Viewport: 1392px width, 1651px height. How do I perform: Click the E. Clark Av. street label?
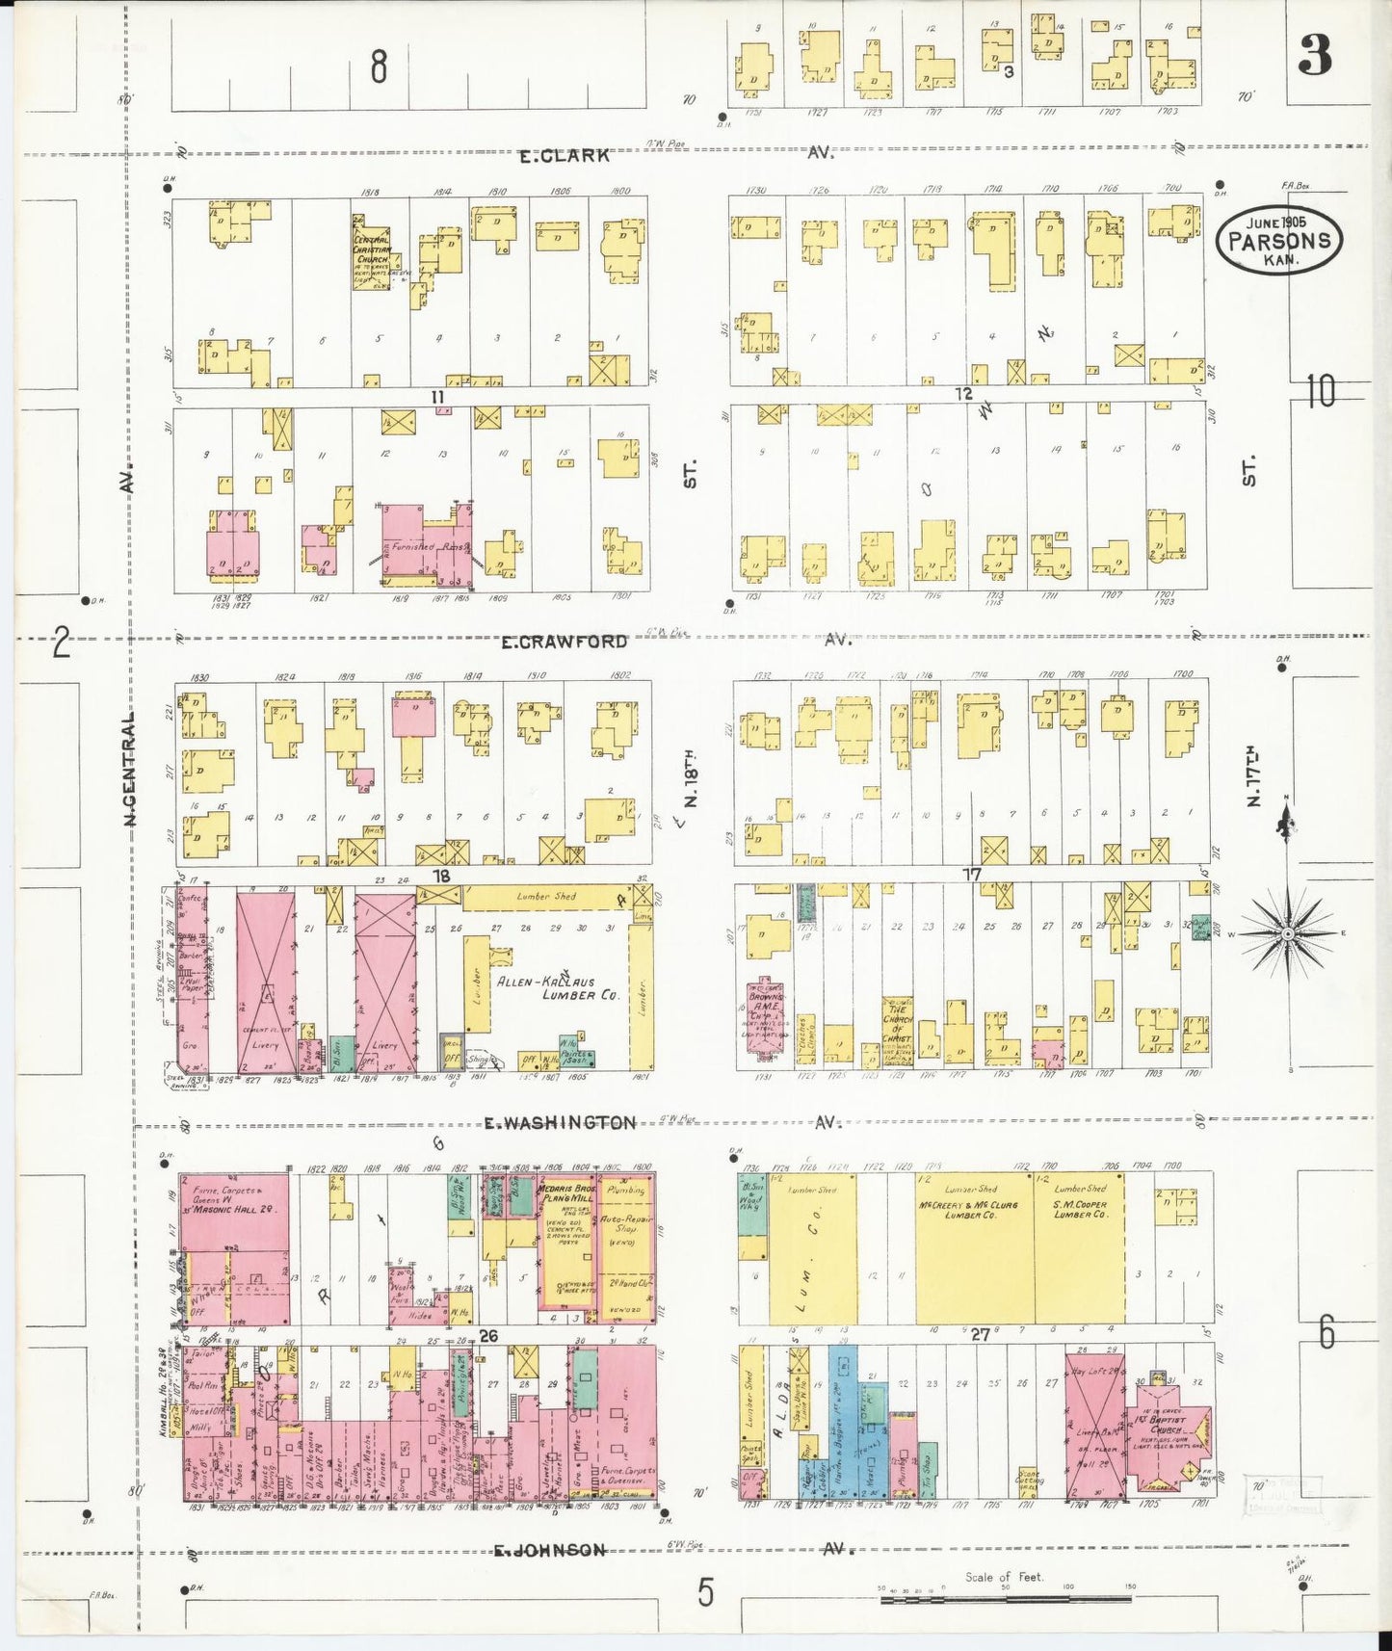point(565,155)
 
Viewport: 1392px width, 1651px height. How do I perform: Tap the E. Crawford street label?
point(564,642)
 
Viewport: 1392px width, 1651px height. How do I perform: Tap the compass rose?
point(1286,933)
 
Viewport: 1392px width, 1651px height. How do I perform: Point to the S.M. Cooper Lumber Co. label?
point(1079,1210)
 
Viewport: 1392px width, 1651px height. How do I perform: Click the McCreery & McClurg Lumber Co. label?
point(972,1210)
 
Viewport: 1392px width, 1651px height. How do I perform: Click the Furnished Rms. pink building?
point(424,545)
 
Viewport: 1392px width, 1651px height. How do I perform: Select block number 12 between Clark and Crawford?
point(963,394)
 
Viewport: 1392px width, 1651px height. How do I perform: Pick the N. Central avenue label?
point(128,771)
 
